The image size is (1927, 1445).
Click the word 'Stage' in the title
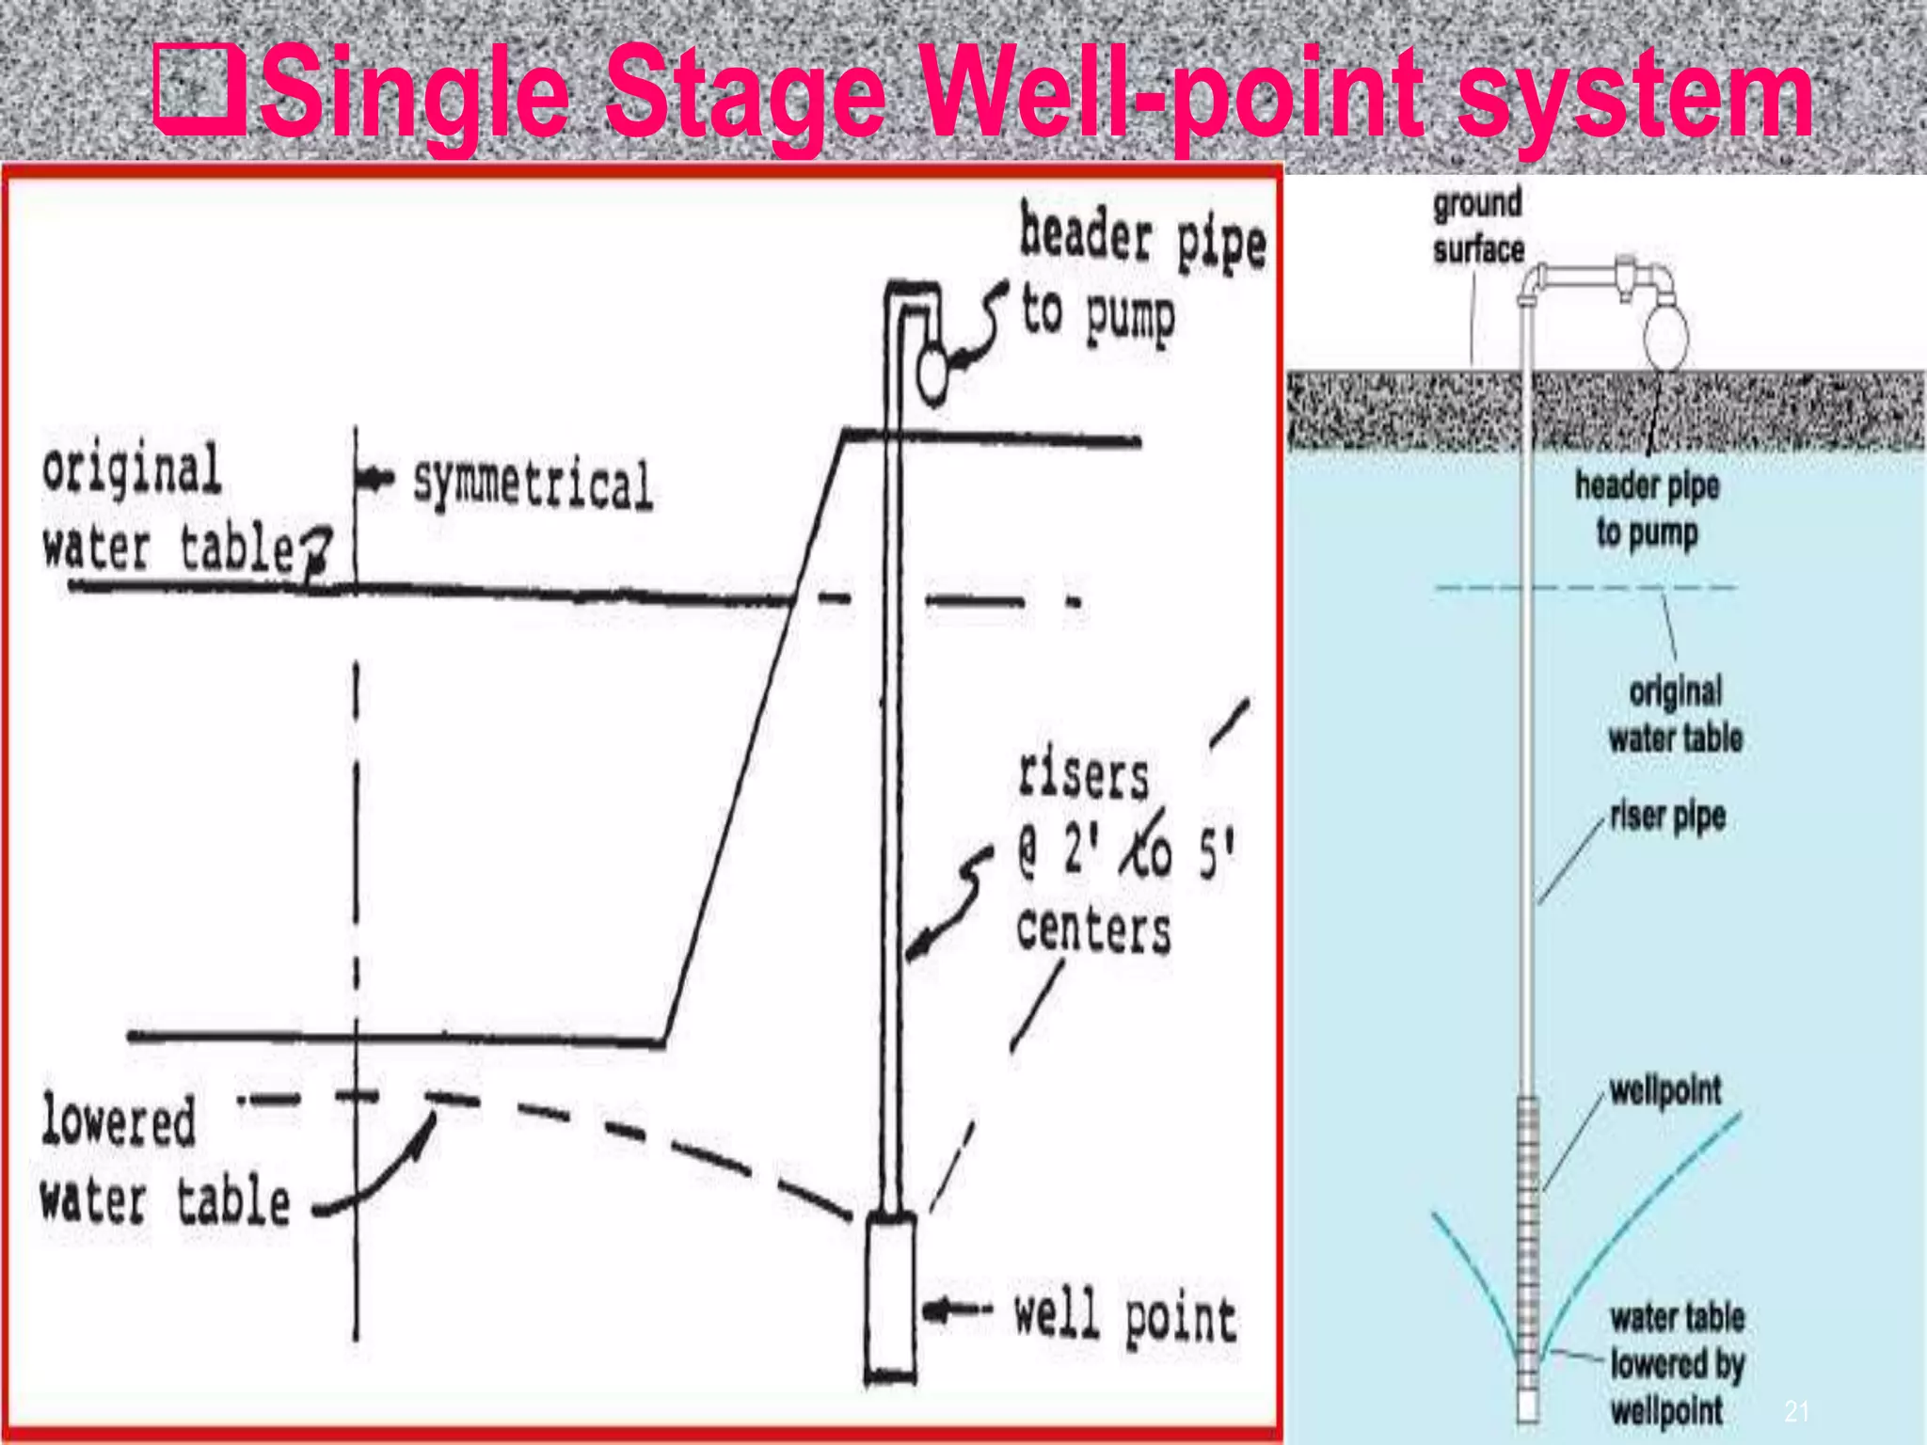pyautogui.click(x=743, y=94)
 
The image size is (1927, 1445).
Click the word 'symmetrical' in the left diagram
pyautogui.click(x=533, y=484)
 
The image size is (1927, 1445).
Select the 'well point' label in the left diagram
pyautogui.click(x=1124, y=1318)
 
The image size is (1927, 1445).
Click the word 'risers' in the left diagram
pyautogui.click(x=1083, y=777)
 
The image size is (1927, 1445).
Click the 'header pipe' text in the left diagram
pyautogui.click(x=1142, y=239)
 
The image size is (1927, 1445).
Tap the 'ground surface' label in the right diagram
pyautogui.click(x=1477, y=227)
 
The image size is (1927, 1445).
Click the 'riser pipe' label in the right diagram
pyautogui.click(x=1667, y=816)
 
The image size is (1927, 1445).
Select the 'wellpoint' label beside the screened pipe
pyautogui.click(x=1664, y=1090)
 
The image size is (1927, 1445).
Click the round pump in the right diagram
pyautogui.click(x=1666, y=333)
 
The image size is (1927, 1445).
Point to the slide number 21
pyautogui.click(x=1796, y=1410)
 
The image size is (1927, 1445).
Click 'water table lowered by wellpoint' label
pyautogui.click(x=1676, y=1363)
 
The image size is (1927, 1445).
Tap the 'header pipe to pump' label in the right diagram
pyautogui.click(x=1647, y=508)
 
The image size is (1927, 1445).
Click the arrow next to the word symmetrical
pyautogui.click(x=376, y=479)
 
